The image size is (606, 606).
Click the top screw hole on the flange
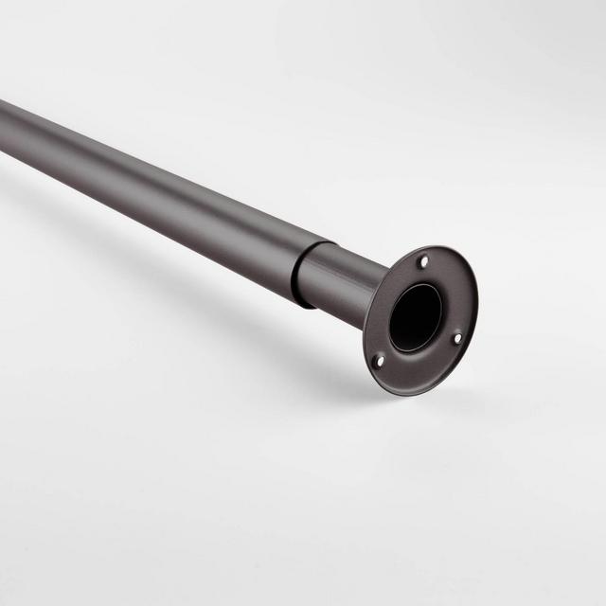click(423, 261)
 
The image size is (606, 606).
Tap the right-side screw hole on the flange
click(457, 336)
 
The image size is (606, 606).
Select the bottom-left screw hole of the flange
click(380, 360)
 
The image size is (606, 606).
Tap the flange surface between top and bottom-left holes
click(383, 303)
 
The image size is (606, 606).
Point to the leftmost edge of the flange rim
click(365, 341)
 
